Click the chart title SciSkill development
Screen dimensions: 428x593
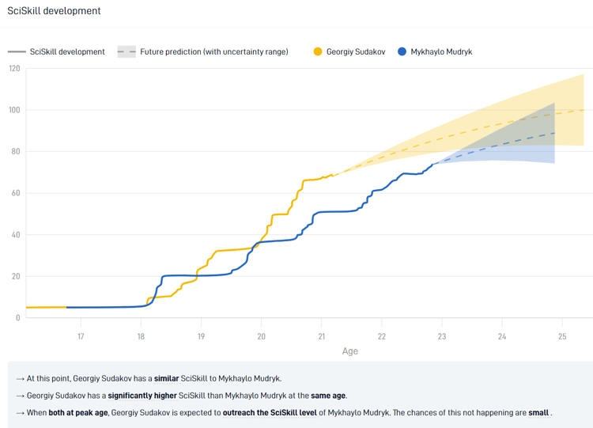pos(54,11)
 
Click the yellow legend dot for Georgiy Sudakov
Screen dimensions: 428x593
pos(318,52)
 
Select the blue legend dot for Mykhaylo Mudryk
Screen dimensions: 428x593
pos(402,52)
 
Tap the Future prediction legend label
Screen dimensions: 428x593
pos(214,52)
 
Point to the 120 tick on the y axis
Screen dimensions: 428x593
pos(14,68)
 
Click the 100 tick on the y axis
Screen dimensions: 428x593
pos(14,110)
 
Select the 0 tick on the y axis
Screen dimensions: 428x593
pos(18,318)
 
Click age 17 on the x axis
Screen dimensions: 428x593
pos(81,335)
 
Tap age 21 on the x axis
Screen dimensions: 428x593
pos(321,335)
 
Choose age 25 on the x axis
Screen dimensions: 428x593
pos(562,335)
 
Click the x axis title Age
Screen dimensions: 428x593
pos(349,350)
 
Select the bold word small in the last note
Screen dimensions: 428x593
pos(538,413)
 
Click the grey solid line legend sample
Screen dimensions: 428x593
pos(17,52)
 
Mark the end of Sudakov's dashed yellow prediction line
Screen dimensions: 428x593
pos(584,110)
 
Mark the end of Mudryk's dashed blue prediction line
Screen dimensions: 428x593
pos(554,133)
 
